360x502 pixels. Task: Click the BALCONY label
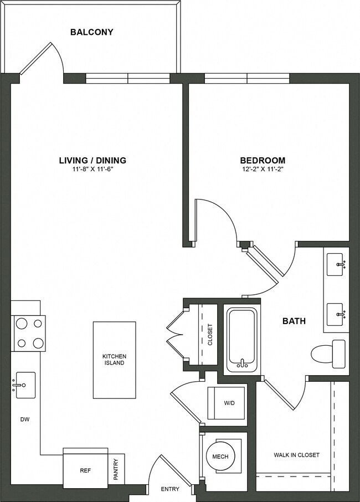tap(91, 32)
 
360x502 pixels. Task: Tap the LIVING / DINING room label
tap(92, 161)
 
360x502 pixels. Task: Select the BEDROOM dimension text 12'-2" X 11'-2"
tap(263, 170)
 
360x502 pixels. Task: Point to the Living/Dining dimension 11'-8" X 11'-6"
tap(92, 170)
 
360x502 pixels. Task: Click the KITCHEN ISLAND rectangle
tap(114, 360)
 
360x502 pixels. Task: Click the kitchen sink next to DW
tap(24, 385)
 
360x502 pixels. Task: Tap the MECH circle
tap(220, 457)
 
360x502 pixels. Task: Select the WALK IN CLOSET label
tap(296, 455)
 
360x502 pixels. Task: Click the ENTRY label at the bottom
tap(169, 489)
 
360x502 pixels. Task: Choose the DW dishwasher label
tap(24, 419)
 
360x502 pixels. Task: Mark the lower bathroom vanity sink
tap(337, 314)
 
